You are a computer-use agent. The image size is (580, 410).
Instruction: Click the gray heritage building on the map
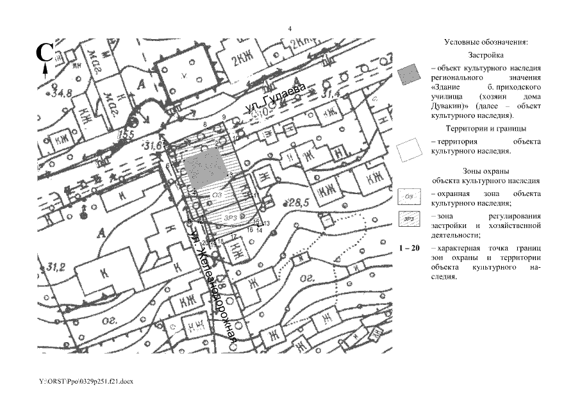[x=205, y=168]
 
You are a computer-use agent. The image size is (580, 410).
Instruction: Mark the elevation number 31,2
[x=49, y=266]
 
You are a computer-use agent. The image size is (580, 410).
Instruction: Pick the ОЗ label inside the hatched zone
[x=217, y=195]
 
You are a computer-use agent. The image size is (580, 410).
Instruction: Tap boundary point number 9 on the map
[x=224, y=117]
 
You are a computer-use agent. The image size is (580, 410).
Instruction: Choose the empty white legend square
[x=408, y=151]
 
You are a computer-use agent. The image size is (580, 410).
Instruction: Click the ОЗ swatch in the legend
[x=408, y=195]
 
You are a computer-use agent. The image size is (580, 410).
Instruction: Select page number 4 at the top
[x=290, y=29]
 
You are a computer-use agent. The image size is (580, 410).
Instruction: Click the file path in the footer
[x=85, y=381]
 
